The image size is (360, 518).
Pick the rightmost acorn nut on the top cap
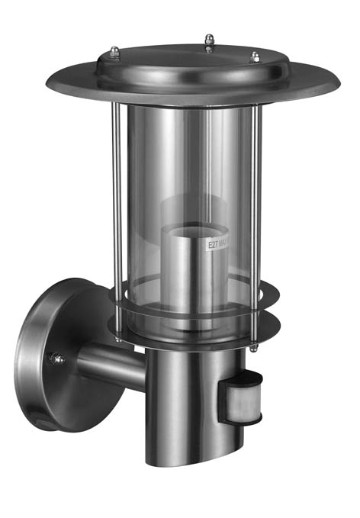pos(256,56)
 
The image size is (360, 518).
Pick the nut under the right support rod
pos(253,348)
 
